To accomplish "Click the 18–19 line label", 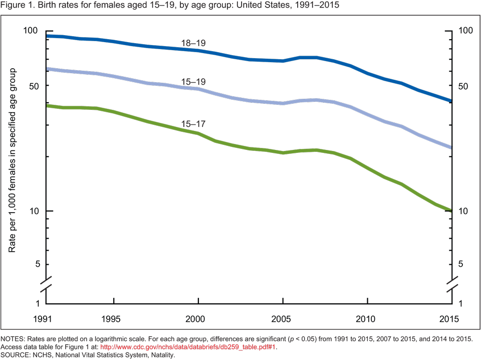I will [x=193, y=44].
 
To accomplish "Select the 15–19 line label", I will [x=193, y=82].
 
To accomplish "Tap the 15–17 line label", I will [x=193, y=123].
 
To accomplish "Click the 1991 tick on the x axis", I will [x=46, y=319].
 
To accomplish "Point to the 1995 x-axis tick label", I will [x=114, y=319].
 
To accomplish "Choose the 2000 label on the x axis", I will [x=198, y=319].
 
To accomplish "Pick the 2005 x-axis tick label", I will [x=283, y=319].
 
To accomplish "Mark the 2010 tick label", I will [x=367, y=319].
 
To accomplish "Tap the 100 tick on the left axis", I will [x=31, y=31].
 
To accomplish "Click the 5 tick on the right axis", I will [x=463, y=265].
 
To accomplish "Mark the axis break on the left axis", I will [x=46, y=284].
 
